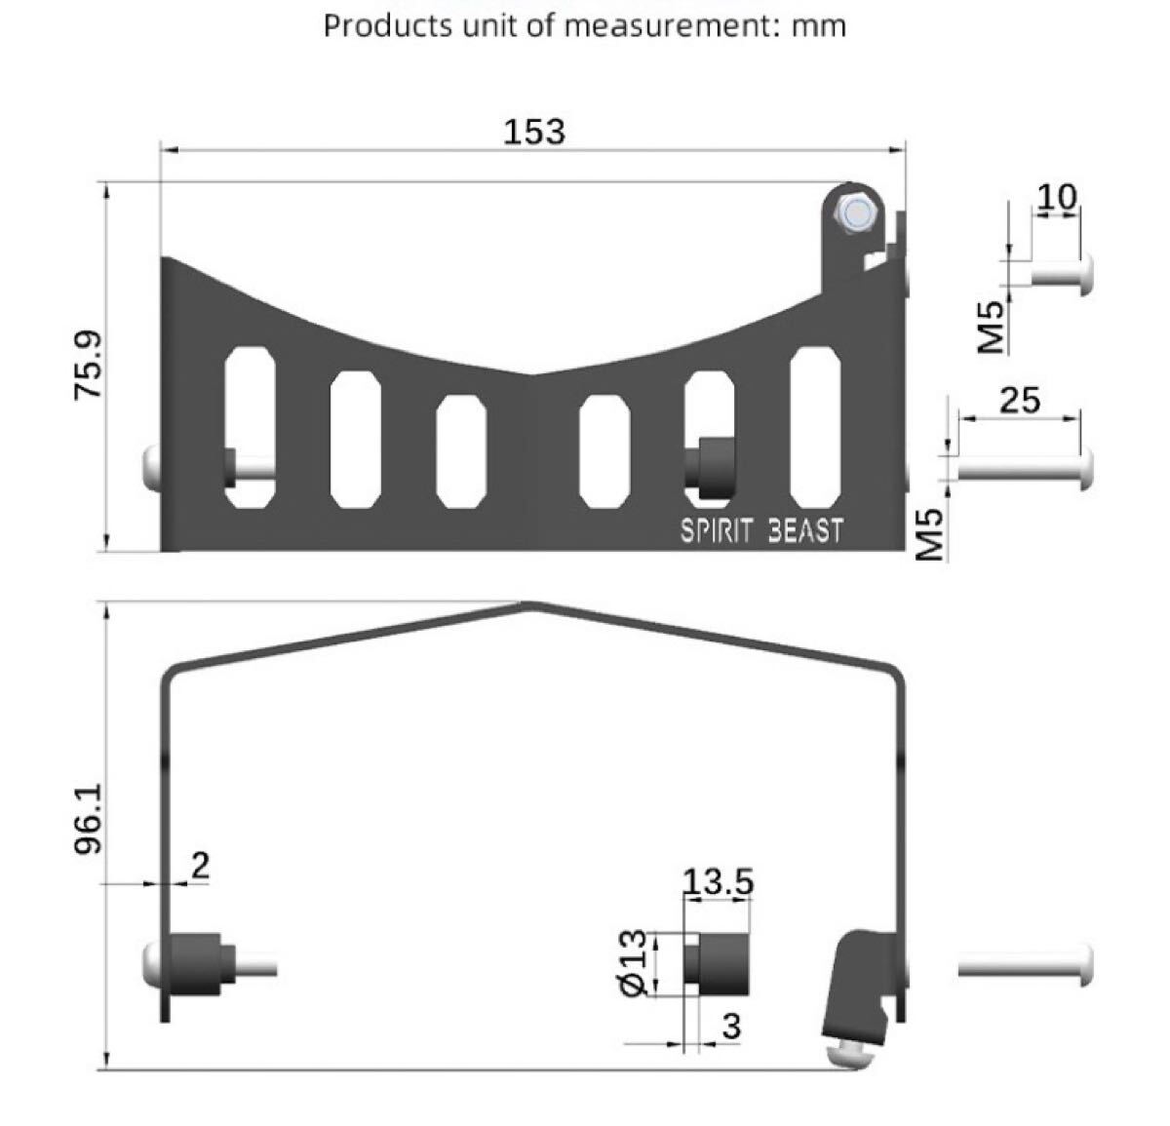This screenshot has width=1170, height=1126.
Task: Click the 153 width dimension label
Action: (x=534, y=132)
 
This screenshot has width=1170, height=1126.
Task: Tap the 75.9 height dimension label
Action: (x=89, y=365)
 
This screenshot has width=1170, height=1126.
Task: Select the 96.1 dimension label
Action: (x=89, y=819)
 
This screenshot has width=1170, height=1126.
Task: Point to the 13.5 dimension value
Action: (x=718, y=882)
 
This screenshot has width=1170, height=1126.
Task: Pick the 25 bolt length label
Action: (x=1020, y=400)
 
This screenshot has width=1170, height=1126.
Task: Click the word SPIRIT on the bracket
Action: (x=716, y=531)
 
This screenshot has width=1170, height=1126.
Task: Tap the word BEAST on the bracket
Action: (x=805, y=531)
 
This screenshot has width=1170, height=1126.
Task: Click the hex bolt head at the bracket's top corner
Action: (x=854, y=213)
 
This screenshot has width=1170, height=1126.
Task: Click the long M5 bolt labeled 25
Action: (x=1026, y=470)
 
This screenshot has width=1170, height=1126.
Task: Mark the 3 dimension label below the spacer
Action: (x=731, y=1027)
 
